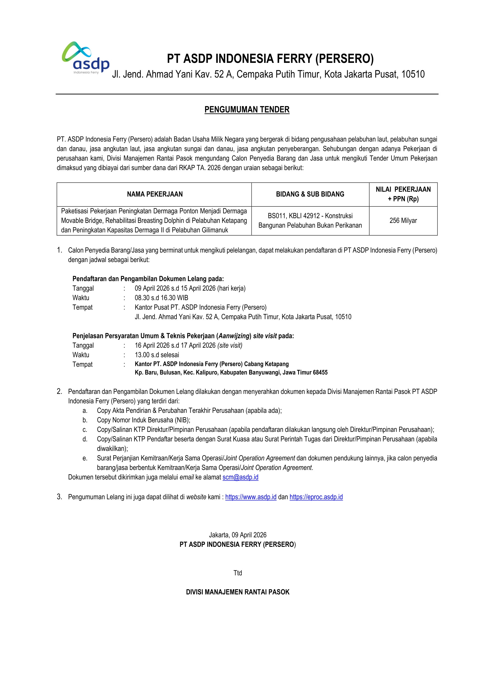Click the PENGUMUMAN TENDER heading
(x=247, y=110)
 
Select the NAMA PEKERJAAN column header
(x=154, y=194)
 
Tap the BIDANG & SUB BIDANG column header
(x=310, y=194)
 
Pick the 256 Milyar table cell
(x=403, y=220)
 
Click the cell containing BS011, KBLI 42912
(x=310, y=220)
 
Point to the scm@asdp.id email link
(x=240, y=477)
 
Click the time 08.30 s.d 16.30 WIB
(x=161, y=298)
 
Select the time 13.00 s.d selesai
(x=157, y=355)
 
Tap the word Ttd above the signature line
(x=238, y=573)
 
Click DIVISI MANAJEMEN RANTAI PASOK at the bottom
(x=238, y=592)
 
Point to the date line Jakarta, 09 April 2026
(x=238, y=535)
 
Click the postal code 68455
(x=320, y=373)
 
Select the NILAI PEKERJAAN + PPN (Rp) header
(x=403, y=194)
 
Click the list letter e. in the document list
(x=85, y=458)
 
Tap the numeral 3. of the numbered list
(x=59, y=497)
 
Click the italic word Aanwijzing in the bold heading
(x=234, y=336)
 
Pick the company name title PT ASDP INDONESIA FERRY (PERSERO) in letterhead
(x=270, y=59)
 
